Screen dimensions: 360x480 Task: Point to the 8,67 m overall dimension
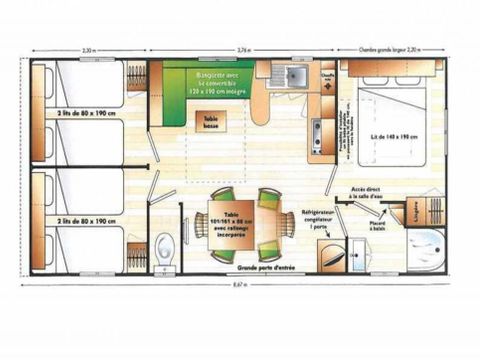pos(238,287)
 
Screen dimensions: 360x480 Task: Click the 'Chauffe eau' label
pos(327,74)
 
